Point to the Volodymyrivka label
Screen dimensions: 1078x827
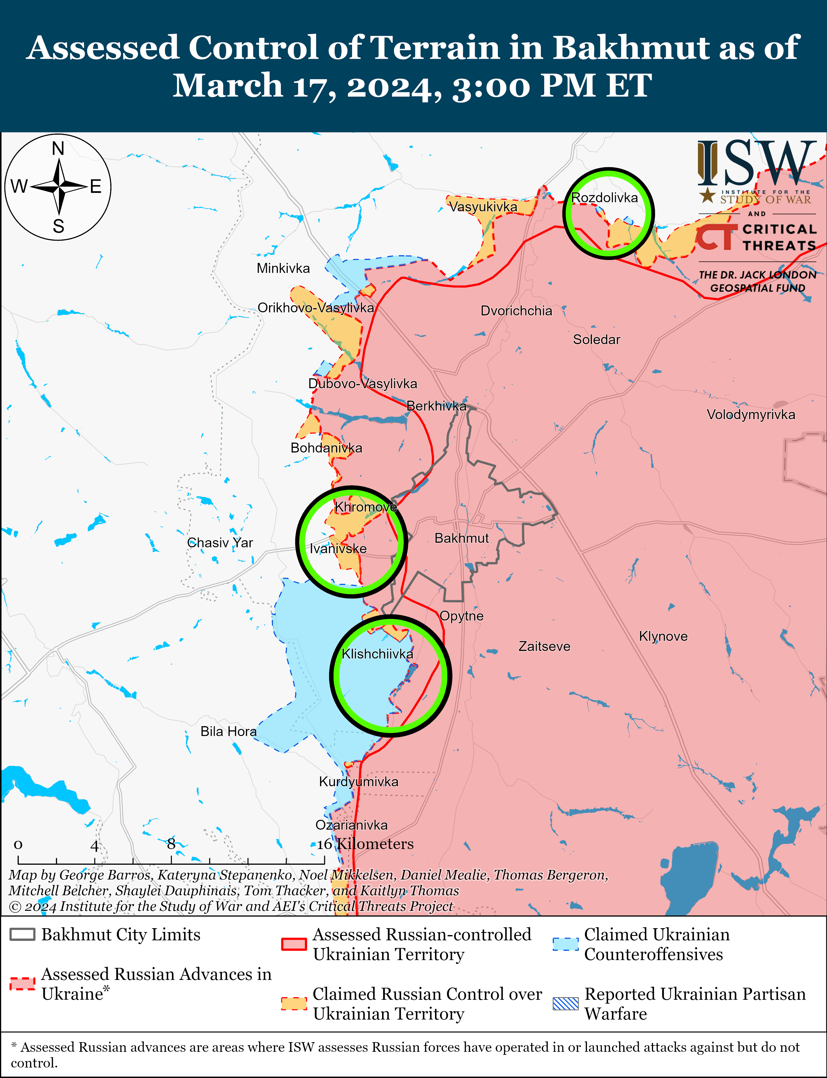click(x=751, y=414)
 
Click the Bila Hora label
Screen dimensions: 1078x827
click(x=229, y=731)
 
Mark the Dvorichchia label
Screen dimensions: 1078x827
click(x=516, y=311)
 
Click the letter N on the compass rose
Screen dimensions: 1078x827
click(x=58, y=148)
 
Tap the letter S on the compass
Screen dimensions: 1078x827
click(x=58, y=226)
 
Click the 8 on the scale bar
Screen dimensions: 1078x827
click(x=171, y=844)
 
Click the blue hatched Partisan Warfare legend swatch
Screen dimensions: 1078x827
click(x=565, y=1004)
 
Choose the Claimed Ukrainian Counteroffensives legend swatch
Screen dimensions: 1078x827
click(x=565, y=944)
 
